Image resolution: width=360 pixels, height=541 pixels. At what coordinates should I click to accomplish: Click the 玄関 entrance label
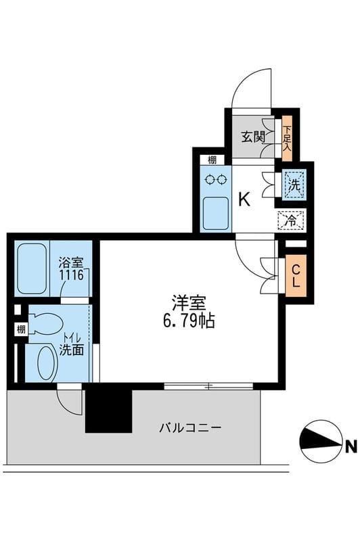click(253, 137)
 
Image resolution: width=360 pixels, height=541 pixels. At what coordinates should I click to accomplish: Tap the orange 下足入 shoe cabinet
click(287, 139)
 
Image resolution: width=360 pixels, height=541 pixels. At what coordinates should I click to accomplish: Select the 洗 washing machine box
click(294, 185)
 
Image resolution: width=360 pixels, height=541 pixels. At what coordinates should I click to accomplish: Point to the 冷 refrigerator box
click(292, 220)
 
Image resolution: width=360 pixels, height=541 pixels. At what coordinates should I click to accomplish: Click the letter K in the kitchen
click(244, 199)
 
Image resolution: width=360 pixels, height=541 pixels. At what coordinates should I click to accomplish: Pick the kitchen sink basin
click(216, 213)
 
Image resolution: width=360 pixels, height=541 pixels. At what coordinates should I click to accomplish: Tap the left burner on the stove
click(209, 179)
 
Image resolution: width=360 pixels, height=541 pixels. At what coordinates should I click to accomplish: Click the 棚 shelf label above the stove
click(212, 160)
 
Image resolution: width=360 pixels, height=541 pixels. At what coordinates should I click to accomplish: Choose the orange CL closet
click(296, 276)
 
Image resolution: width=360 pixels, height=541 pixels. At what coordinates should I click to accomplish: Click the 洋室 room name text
click(189, 303)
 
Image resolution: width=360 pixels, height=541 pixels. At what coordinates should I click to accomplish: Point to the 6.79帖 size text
click(189, 321)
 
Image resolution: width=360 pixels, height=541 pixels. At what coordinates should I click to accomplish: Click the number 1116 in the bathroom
click(72, 275)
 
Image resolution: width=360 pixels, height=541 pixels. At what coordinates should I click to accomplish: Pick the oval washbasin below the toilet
click(47, 362)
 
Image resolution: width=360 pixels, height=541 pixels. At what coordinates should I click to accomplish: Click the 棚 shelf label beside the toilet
click(21, 329)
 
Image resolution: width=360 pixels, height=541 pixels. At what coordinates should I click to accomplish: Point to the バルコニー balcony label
click(190, 428)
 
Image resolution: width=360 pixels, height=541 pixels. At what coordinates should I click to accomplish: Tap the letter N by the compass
click(351, 447)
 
